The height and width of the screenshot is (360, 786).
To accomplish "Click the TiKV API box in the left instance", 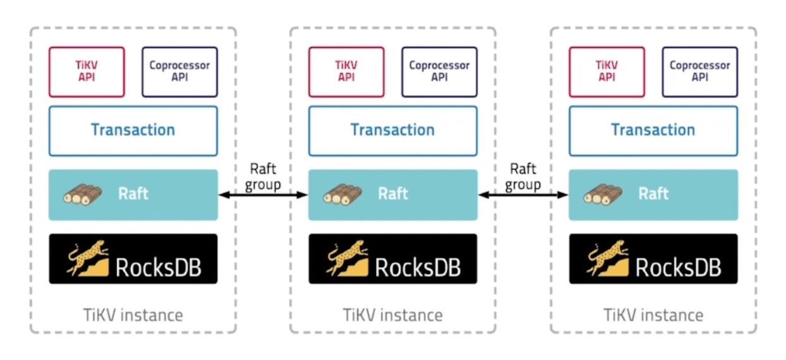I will pyautogui.click(x=87, y=71).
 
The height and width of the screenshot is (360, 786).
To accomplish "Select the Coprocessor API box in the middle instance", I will pyautogui.click(x=439, y=71).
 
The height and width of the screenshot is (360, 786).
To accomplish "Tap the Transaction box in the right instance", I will pyautogui.click(x=653, y=131).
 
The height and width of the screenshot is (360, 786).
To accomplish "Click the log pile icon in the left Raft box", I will pyautogui.click(x=82, y=194).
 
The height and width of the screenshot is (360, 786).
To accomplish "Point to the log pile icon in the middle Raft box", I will pyautogui.click(x=342, y=194).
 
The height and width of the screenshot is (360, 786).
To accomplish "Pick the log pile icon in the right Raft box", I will pyautogui.click(x=603, y=194).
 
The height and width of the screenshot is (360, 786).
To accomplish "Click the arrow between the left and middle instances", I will pyautogui.click(x=263, y=196).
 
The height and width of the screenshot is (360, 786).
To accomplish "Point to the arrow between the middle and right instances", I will pyautogui.click(x=523, y=196).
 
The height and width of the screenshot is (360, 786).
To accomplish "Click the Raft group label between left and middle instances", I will pyautogui.click(x=263, y=176).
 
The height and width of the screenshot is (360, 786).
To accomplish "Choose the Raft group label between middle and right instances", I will pyautogui.click(x=523, y=176).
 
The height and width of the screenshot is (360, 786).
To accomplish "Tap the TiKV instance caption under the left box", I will pyautogui.click(x=133, y=314).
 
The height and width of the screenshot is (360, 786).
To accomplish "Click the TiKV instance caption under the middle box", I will pyautogui.click(x=393, y=314).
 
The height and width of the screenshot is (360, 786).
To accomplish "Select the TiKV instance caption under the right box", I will pyautogui.click(x=653, y=314).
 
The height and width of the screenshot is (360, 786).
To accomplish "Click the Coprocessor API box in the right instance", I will pyautogui.click(x=699, y=71).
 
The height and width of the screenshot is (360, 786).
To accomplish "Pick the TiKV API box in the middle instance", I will pyautogui.click(x=346, y=71).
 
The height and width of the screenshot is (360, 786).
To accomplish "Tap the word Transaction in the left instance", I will pyautogui.click(x=133, y=130).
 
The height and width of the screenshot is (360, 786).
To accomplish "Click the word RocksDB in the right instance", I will pyautogui.click(x=678, y=267).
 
